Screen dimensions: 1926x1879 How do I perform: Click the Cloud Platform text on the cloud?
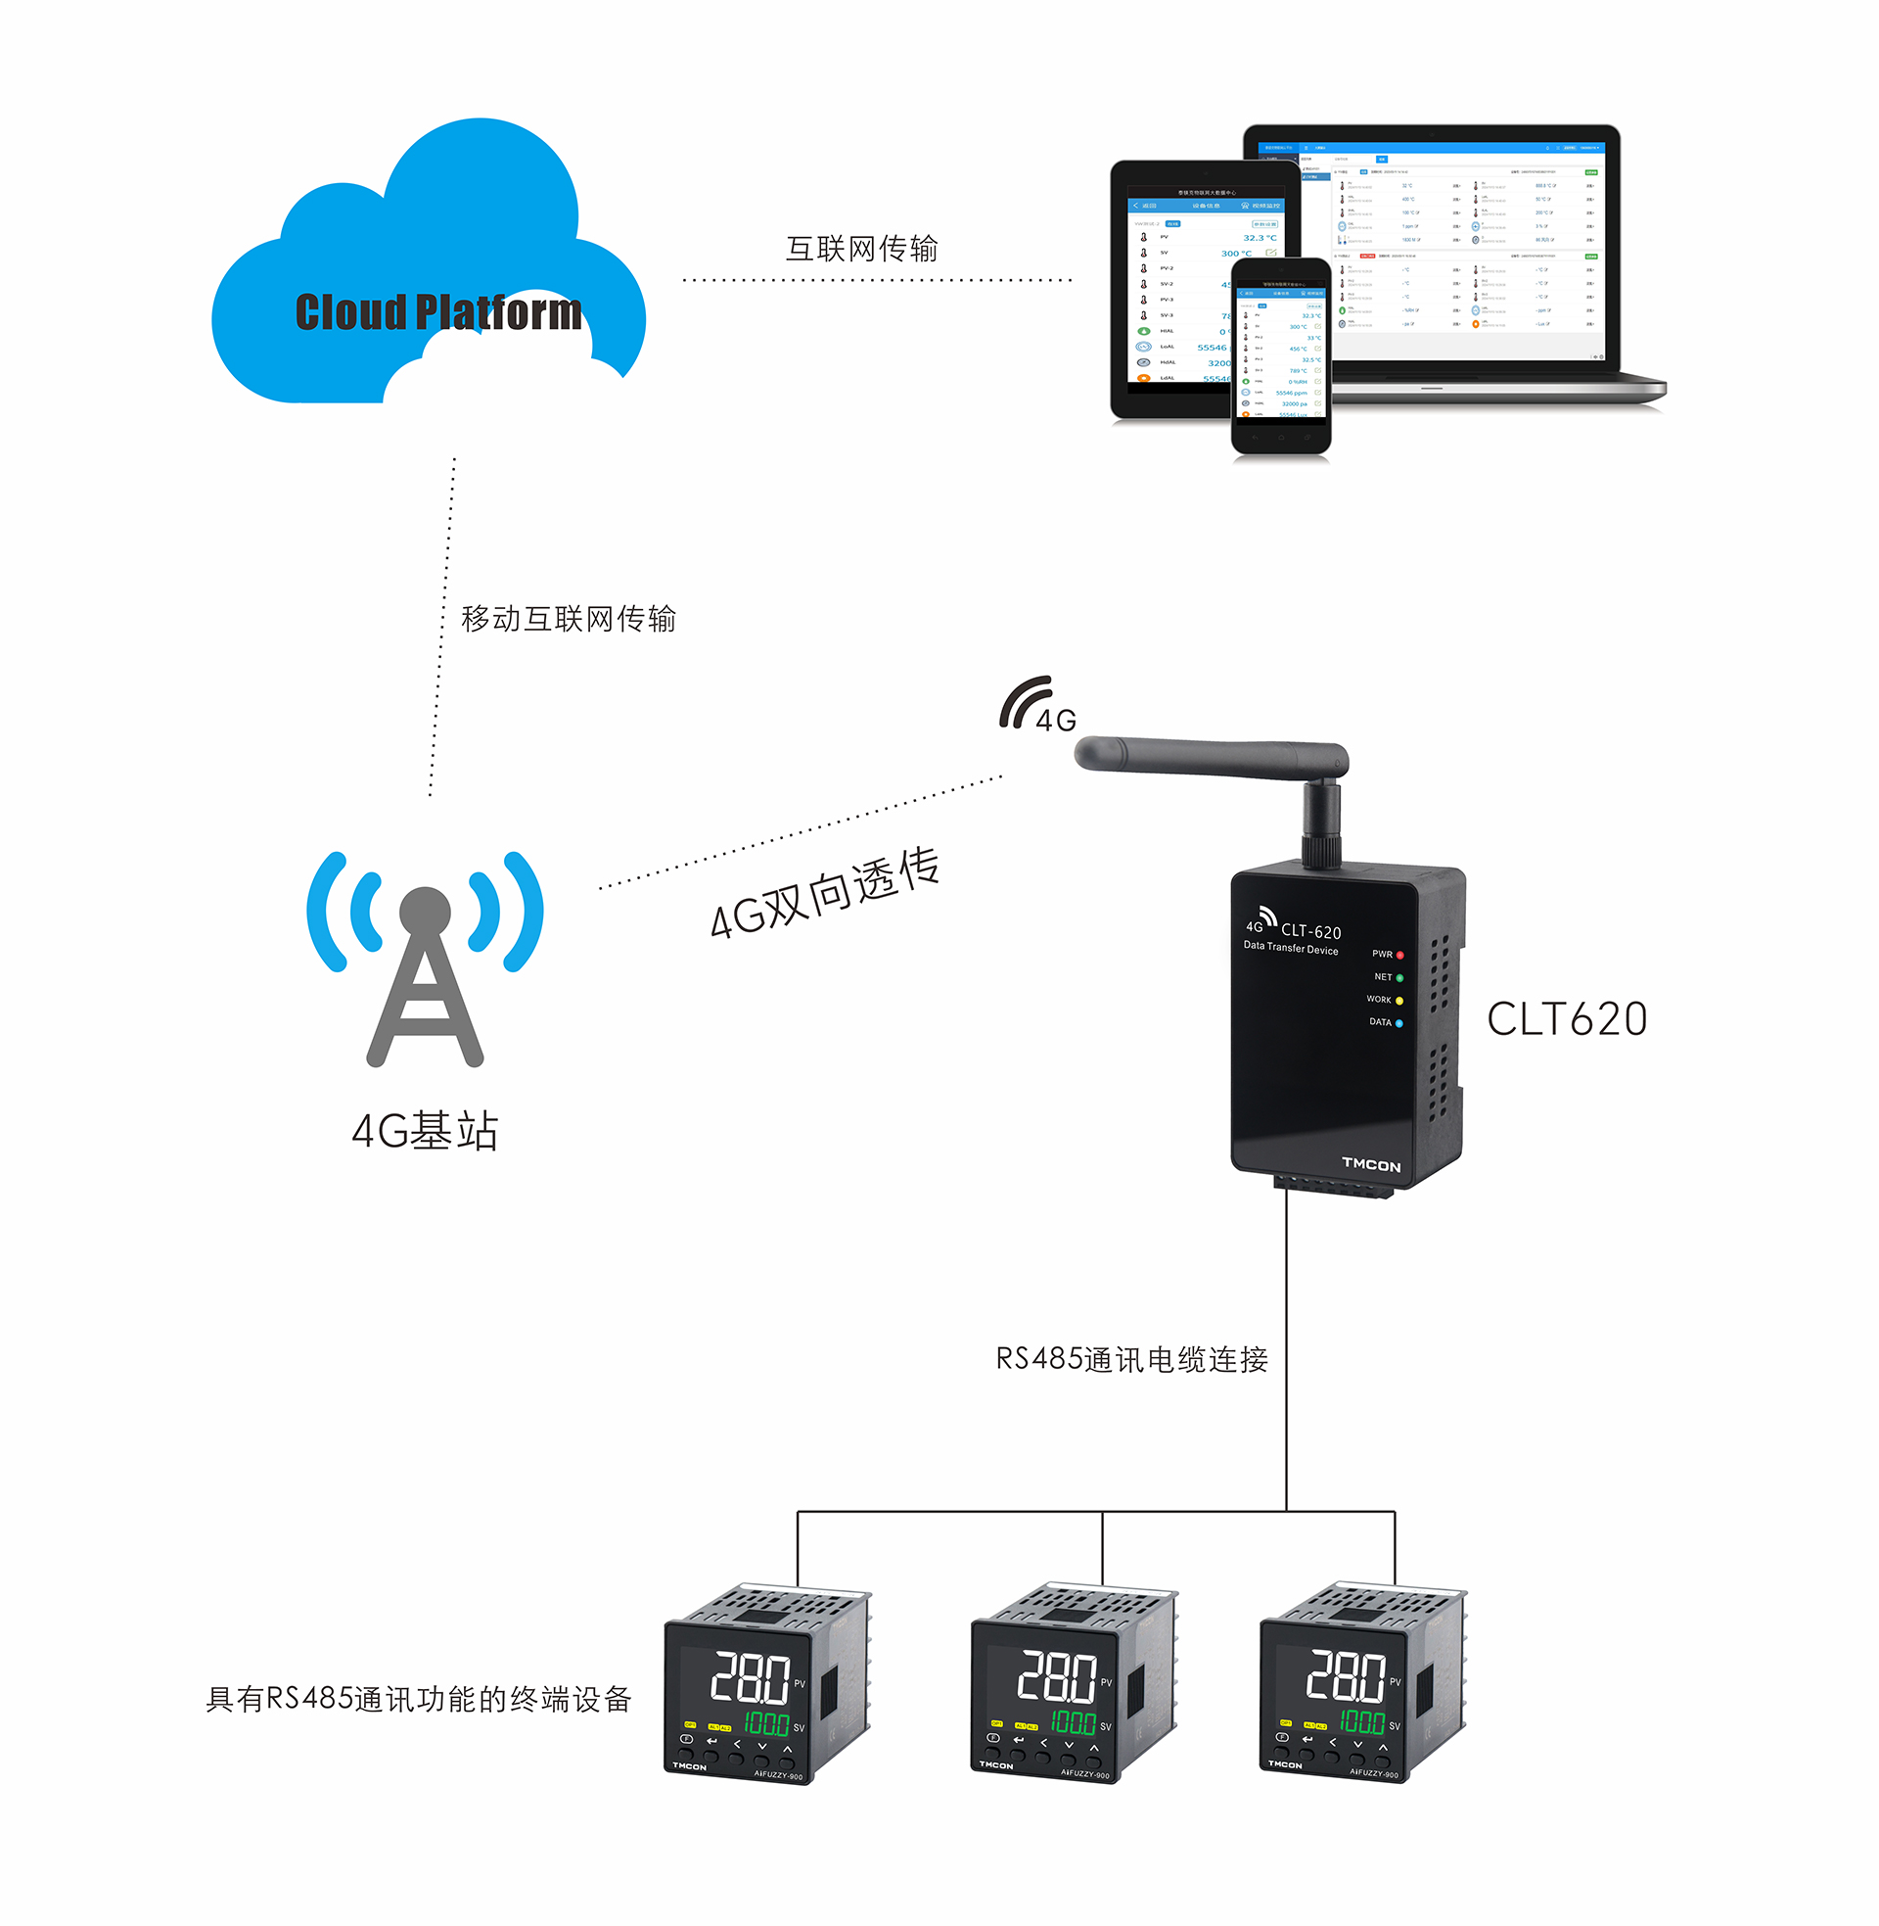(x=438, y=313)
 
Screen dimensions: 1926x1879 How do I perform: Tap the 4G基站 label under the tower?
(x=426, y=1131)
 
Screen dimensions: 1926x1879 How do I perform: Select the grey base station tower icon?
(x=426, y=977)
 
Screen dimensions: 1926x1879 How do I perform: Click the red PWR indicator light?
(x=1399, y=955)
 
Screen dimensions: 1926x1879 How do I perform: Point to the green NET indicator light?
(x=1399, y=977)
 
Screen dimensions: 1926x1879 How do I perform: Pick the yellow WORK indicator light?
(x=1399, y=1000)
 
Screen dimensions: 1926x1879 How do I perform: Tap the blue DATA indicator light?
(x=1399, y=1022)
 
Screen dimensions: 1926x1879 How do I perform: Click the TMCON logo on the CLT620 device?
(x=1371, y=1165)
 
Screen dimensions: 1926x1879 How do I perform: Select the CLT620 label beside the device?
(x=1567, y=1018)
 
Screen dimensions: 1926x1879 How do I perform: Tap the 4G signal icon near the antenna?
(x=1036, y=705)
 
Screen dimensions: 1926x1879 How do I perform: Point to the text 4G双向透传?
(x=824, y=892)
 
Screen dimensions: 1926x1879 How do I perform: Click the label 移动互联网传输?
(x=569, y=619)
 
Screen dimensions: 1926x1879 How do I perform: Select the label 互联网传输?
(x=861, y=249)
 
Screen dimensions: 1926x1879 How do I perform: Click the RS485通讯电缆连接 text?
(x=1132, y=1359)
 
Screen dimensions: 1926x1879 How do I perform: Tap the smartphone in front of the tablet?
(x=1281, y=355)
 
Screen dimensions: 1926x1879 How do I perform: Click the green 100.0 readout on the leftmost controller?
(x=766, y=1723)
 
